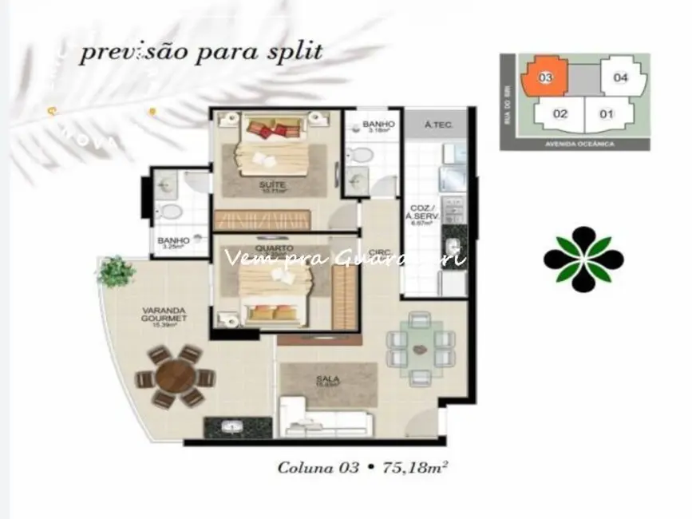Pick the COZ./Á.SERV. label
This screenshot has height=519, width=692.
421,215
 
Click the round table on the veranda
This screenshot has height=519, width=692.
176,377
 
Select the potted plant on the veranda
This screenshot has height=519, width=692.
116,271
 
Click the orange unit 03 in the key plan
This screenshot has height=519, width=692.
545,77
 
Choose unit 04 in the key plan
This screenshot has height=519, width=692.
621,77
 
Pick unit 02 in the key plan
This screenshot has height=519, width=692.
560,113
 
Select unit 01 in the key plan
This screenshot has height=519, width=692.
607,113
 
